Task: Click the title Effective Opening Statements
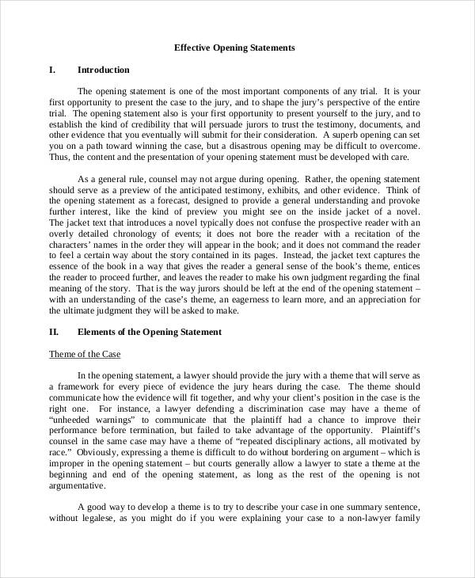(x=234, y=48)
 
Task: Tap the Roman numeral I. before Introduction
(x=52, y=70)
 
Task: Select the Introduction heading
(x=104, y=70)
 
